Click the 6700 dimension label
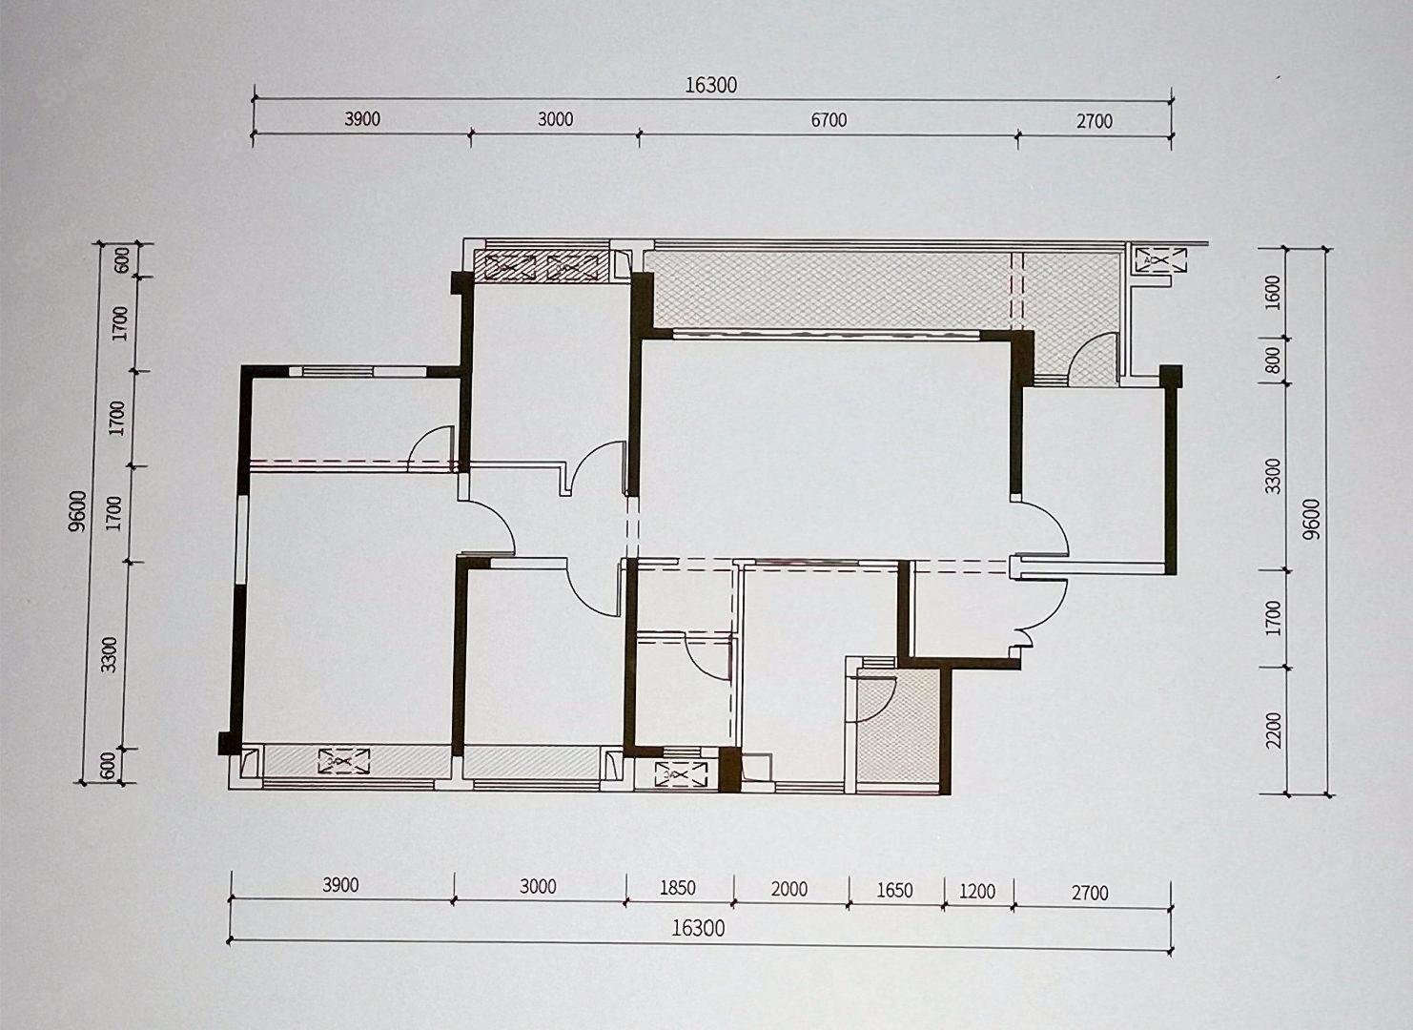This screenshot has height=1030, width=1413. click(x=829, y=120)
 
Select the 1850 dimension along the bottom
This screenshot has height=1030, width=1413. click(x=678, y=887)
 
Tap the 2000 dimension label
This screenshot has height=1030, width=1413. click(x=789, y=889)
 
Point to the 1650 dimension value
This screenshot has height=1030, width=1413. click(x=894, y=890)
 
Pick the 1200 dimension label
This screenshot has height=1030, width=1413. click(x=977, y=891)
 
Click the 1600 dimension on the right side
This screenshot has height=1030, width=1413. click(x=1274, y=292)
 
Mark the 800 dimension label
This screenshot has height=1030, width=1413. click(x=1274, y=360)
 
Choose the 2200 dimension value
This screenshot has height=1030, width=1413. click(x=1274, y=731)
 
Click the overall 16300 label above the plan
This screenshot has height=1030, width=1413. click(x=711, y=85)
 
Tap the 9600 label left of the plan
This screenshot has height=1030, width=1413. click(x=77, y=511)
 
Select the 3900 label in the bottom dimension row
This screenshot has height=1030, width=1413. click(x=340, y=885)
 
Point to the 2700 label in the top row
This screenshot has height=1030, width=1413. click(x=1095, y=121)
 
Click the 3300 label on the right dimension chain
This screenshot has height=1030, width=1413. click(x=1274, y=476)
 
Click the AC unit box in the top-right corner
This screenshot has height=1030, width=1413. click(x=1160, y=260)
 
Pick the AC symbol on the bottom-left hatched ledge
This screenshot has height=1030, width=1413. click(x=344, y=760)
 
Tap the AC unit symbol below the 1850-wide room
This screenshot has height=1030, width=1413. click(x=682, y=773)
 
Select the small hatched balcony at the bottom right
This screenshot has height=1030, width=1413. click(x=898, y=727)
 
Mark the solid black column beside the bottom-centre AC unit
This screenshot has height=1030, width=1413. click(x=729, y=769)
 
